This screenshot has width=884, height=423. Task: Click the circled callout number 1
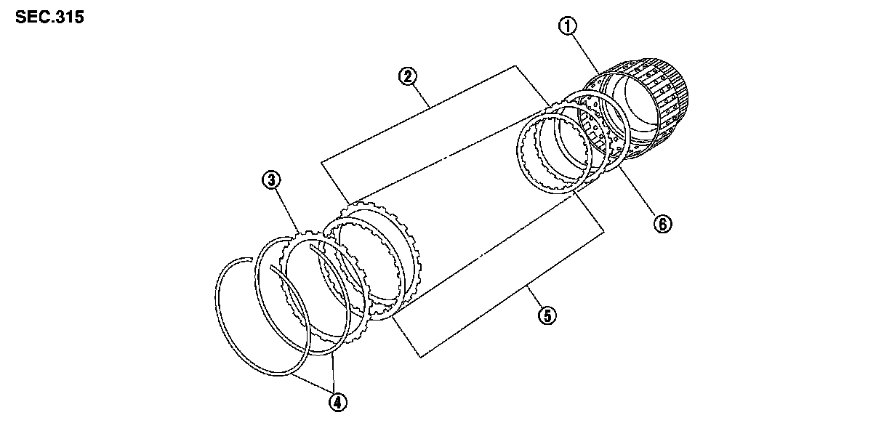567,25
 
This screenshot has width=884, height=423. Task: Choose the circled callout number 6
662,224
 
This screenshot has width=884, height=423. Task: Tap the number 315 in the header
68,17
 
